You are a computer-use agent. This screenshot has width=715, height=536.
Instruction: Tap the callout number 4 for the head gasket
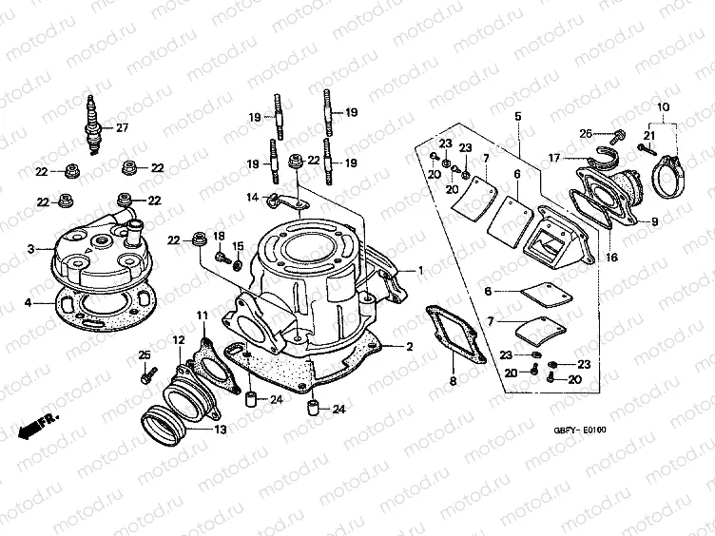[29, 302]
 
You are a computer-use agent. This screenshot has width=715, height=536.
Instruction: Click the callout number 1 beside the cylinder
[417, 271]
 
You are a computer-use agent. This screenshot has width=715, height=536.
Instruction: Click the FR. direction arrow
[41, 422]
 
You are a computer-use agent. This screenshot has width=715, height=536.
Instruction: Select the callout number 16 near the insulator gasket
[610, 257]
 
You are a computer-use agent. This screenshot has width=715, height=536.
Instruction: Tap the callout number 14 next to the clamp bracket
[253, 198]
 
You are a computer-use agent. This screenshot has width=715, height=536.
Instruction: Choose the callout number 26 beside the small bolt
[587, 133]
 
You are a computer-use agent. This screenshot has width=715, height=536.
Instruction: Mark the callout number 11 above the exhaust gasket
[201, 315]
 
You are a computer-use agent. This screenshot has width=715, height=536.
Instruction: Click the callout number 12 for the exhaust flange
[178, 339]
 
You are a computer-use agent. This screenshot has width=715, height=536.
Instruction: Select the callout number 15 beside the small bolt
[238, 246]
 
